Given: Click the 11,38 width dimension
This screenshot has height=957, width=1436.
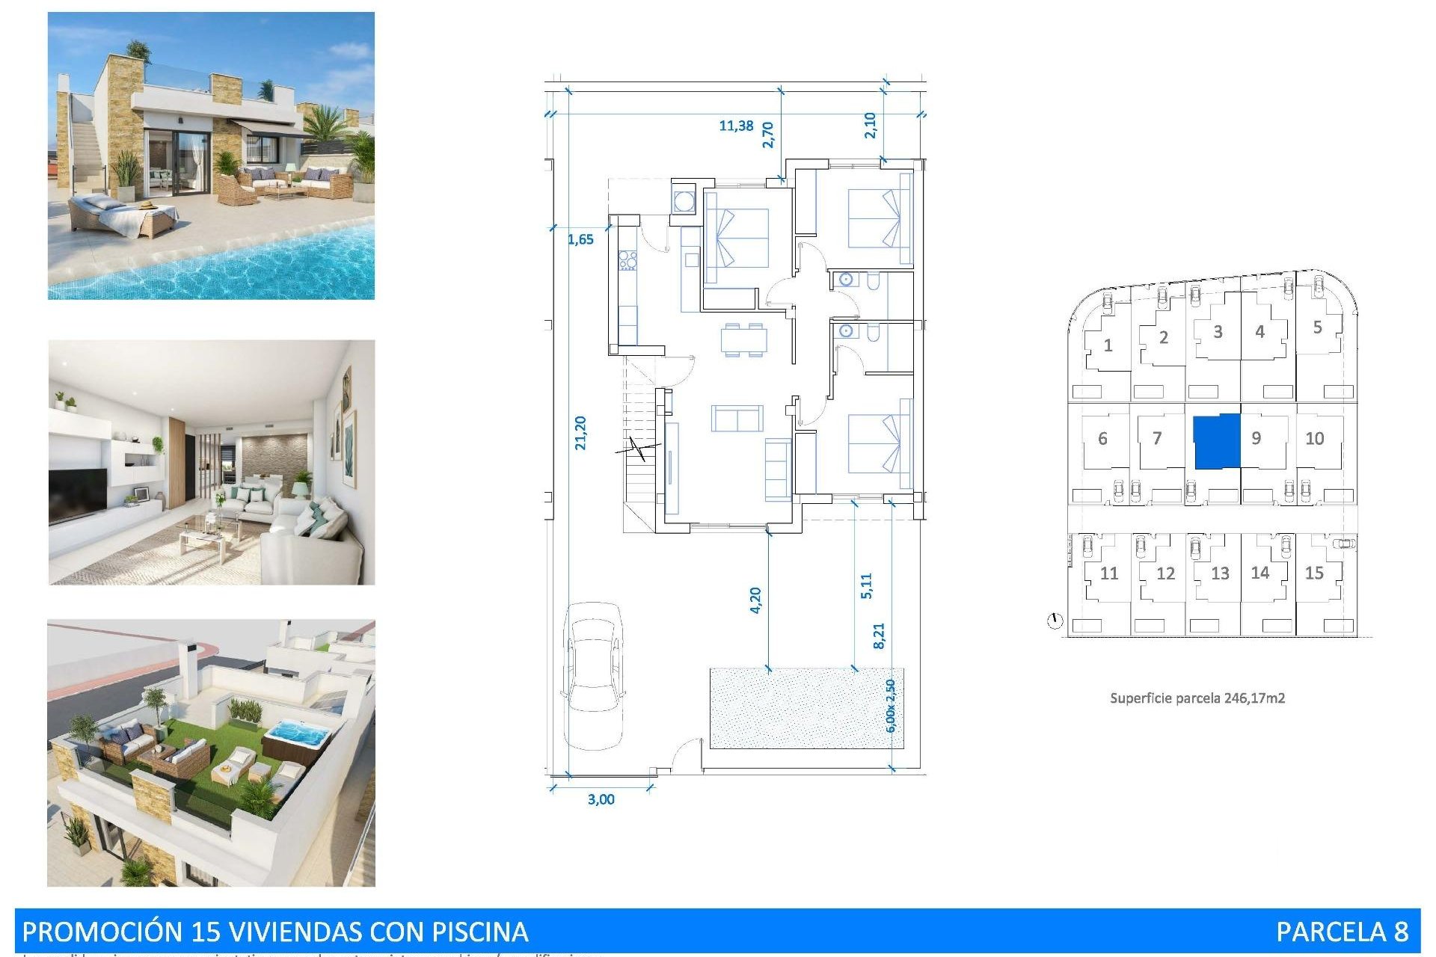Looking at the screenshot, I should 736,126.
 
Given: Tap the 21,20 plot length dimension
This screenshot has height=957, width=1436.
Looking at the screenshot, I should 580,433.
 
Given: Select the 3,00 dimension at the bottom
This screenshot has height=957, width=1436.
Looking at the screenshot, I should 601,799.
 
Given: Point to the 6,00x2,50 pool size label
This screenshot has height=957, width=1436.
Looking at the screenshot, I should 890,705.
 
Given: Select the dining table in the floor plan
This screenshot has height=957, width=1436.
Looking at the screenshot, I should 743,339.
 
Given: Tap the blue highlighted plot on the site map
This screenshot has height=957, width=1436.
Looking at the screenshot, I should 1216,442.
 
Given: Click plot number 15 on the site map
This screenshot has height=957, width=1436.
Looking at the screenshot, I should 1314,573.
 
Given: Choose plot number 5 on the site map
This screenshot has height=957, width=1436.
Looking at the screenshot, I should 1318,327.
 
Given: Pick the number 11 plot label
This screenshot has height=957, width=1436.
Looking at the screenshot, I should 1109,573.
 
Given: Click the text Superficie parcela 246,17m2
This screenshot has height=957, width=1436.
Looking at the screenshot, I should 1197,698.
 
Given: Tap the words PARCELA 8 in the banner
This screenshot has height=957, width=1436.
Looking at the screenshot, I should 1342,932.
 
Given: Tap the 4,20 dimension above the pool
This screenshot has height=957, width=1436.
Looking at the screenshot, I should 755,600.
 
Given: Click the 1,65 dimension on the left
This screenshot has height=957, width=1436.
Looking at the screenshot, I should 580,239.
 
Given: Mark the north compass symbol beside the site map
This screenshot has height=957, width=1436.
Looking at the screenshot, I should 1055,621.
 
